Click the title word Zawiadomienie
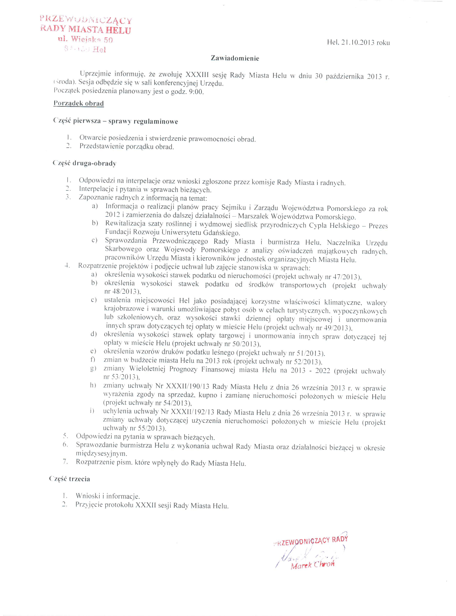[x=235, y=58]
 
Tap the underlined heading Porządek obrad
[x=79, y=104]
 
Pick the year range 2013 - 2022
[x=310, y=370]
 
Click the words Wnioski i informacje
[x=108, y=496]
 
